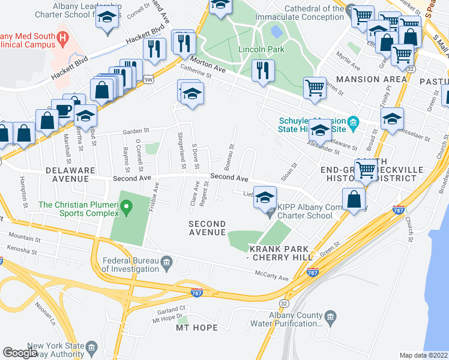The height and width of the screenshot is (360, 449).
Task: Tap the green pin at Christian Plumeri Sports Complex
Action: coord(125,208)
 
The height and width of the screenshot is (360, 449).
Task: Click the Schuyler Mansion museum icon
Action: coord(353,124)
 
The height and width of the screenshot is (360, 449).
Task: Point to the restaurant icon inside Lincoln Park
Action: coord(262,70)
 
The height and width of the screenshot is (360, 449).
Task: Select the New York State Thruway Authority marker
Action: coord(91,347)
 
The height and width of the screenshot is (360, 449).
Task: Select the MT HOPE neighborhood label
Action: coord(194,328)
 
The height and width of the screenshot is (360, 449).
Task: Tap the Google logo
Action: coord(20,353)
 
